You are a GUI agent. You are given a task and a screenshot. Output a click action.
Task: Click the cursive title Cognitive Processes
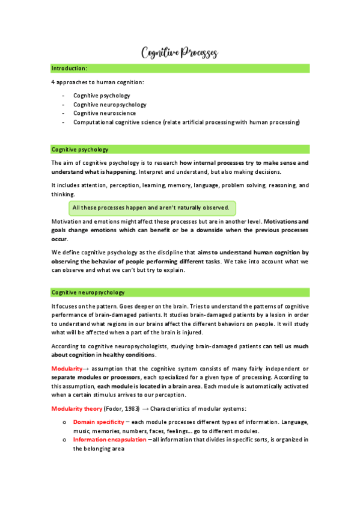point(179,53)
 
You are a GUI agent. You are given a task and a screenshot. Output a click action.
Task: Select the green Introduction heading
point(70,69)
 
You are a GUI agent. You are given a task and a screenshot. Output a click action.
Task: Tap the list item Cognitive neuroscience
point(105,113)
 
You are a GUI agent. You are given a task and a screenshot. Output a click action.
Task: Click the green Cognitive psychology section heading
point(80,149)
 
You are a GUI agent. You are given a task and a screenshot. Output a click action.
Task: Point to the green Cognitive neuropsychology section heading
point(88,292)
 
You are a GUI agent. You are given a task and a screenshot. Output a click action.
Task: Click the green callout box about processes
point(151,208)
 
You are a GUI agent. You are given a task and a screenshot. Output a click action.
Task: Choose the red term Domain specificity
point(99,422)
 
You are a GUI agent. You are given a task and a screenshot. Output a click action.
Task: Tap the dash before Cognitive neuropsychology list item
point(63,105)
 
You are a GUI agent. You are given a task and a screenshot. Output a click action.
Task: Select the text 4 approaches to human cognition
point(98,82)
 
